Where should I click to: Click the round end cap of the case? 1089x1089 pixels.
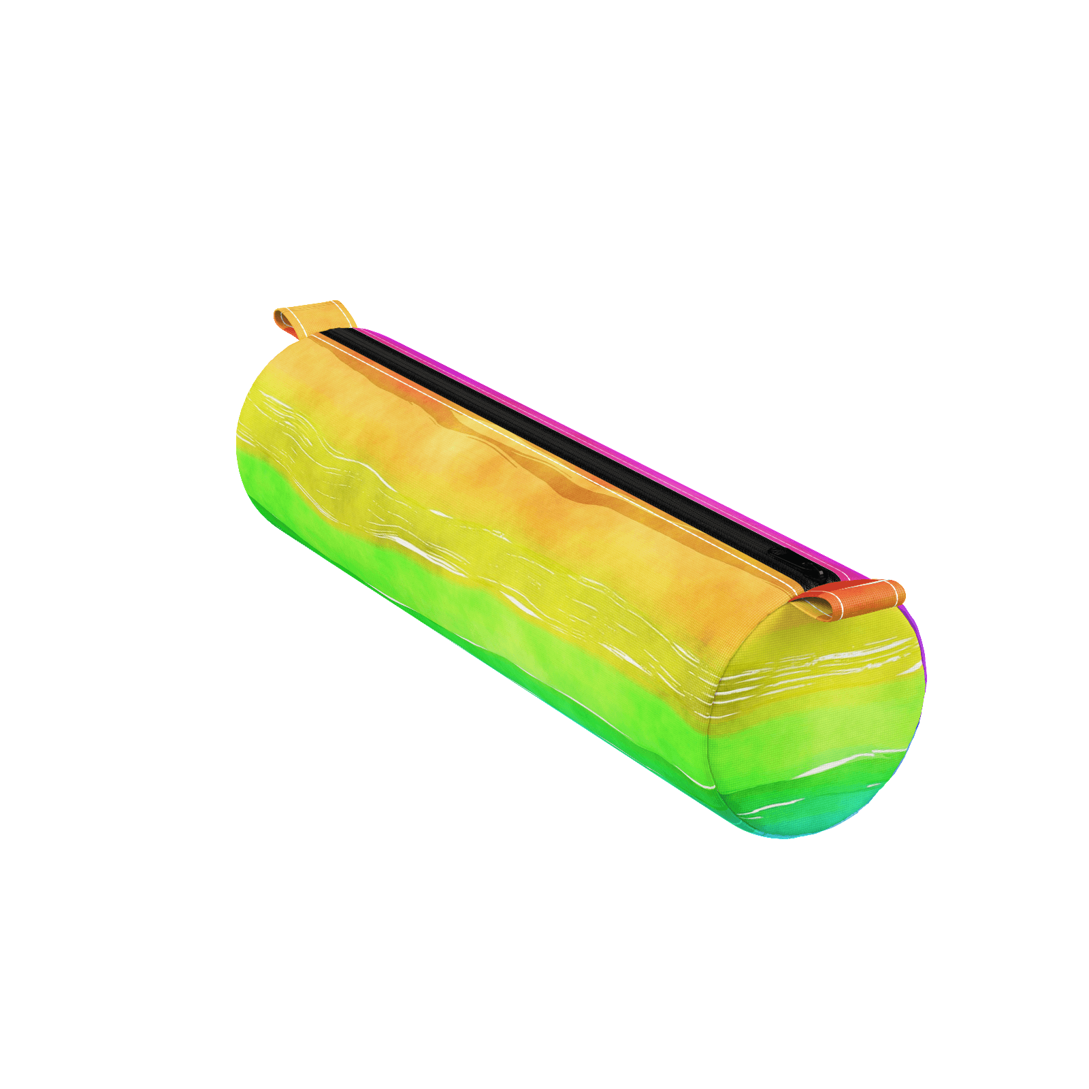pos(817,721)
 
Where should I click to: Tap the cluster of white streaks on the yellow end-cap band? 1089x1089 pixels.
pos(817,664)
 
